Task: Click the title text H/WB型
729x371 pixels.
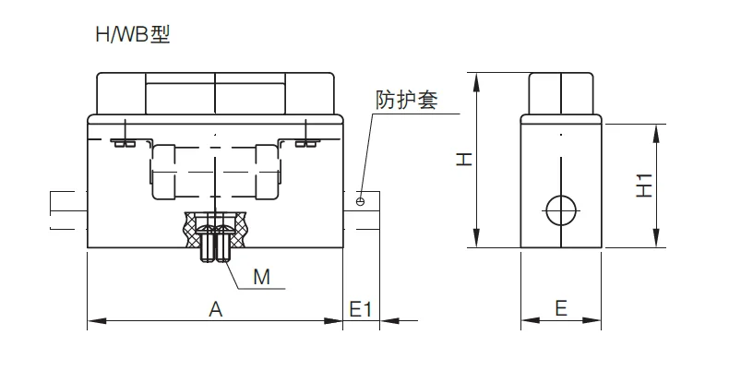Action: click(133, 35)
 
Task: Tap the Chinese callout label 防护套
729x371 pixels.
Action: click(407, 100)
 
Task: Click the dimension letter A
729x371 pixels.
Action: click(215, 308)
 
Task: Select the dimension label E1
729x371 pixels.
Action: click(361, 308)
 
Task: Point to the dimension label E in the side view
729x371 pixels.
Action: click(561, 308)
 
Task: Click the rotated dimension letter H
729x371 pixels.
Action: click(463, 160)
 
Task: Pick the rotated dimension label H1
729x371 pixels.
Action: click(644, 185)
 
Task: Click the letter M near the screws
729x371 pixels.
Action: click(261, 277)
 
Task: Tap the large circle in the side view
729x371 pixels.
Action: click(561, 210)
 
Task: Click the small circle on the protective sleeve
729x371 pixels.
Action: click(360, 201)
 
